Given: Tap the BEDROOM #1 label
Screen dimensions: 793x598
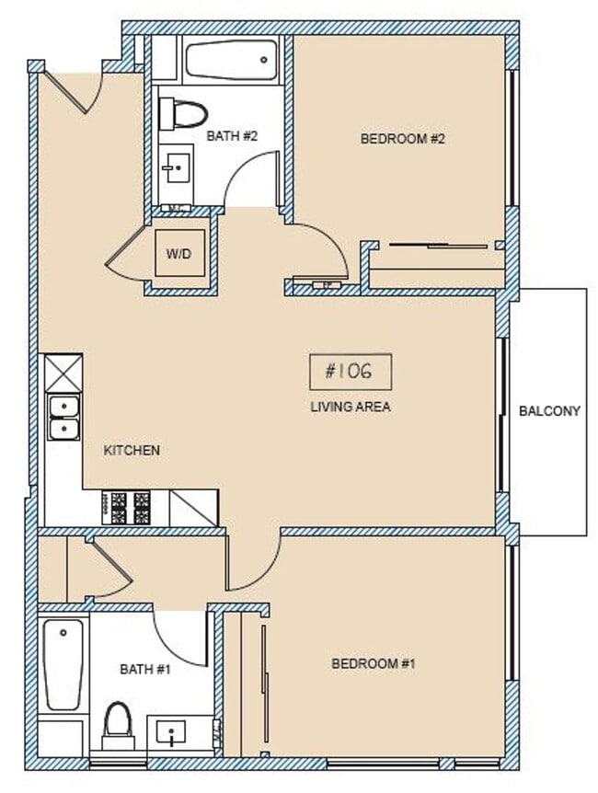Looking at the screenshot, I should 374,663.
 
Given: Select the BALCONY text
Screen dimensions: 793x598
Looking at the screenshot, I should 549,411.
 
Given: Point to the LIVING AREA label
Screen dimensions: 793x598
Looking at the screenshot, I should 351,406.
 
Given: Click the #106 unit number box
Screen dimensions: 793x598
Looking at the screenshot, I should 351,372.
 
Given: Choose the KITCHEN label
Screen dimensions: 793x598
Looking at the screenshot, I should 132,450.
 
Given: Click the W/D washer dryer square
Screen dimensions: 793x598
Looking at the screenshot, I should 178,253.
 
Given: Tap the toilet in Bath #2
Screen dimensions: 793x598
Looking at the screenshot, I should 182,115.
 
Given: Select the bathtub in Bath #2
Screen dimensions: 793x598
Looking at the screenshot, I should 231,61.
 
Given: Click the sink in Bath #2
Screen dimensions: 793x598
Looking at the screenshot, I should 177,168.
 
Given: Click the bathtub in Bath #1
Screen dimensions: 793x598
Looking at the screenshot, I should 63,663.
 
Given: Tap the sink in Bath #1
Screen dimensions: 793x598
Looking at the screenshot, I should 173,733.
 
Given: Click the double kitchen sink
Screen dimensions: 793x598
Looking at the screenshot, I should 63,417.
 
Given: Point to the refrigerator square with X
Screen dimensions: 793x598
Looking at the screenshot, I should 63,374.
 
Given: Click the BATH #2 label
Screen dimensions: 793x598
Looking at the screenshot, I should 232,136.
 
